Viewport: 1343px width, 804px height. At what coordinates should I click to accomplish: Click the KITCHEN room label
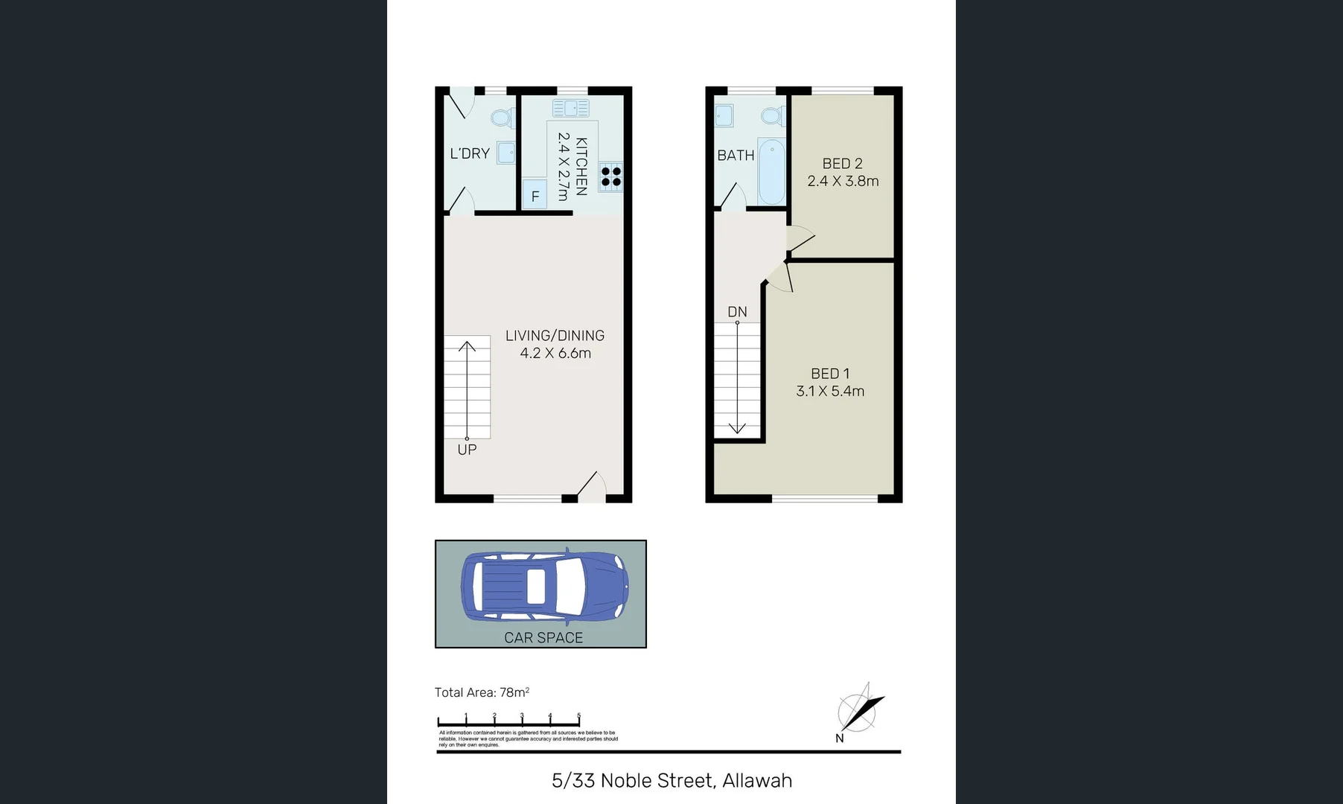pos(581,166)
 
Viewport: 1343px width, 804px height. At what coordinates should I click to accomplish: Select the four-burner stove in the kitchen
pos(611,176)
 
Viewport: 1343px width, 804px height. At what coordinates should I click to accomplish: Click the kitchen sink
pos(571,109)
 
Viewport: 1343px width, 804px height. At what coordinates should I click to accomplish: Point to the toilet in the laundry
pos(503,118)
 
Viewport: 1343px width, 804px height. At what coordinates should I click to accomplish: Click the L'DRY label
pos(470,153)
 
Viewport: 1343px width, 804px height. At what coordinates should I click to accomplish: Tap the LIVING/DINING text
pos(555,336)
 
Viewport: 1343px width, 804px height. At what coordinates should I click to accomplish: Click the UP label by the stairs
pos(467,450)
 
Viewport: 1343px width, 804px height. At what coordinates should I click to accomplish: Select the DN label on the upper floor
pos(737,312)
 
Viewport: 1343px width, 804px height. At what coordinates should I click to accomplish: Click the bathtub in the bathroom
pos(771,170)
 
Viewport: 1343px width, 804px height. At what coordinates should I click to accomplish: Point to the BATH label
pos(736,156)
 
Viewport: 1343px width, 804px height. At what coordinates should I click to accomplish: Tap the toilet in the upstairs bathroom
pos(773,116)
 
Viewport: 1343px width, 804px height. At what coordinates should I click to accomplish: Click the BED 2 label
pos(842,164)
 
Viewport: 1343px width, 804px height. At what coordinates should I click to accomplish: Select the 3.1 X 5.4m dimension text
pos(830,392)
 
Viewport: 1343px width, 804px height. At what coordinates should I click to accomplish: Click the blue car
pos(543,586)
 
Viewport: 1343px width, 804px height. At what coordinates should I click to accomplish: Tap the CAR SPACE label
pos(543,637)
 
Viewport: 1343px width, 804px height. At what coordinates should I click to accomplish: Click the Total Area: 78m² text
pos(482,692)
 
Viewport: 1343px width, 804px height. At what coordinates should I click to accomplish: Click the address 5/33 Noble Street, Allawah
pos(671,780)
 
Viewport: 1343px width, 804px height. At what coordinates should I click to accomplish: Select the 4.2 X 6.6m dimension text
pos(555,354)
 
